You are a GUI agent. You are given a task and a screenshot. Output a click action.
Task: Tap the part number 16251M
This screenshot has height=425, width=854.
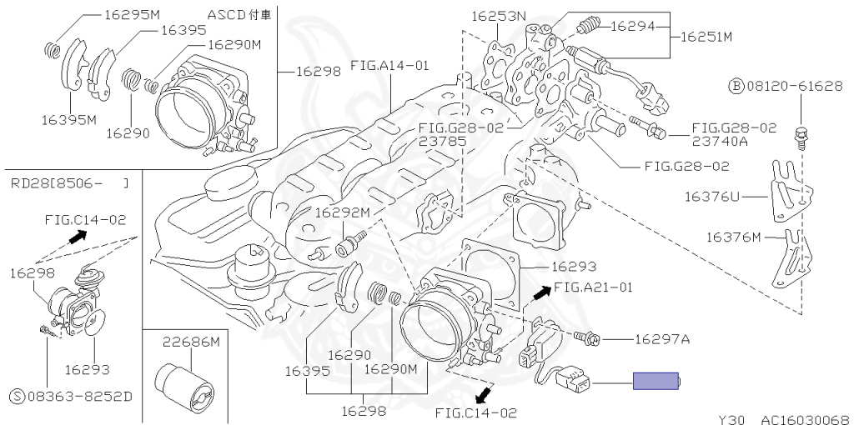tap(706, 37)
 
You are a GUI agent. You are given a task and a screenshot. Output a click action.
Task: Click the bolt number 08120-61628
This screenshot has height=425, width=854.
tap(786, 86)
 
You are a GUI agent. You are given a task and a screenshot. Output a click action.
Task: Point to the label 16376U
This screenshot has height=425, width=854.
tap(712, 197)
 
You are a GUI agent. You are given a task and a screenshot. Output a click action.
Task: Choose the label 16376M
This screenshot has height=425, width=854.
tap(734, 237)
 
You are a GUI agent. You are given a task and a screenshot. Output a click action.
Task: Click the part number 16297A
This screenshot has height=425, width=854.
tap(662, 339)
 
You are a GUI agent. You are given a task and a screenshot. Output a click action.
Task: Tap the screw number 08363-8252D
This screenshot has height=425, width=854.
tap(72, 396)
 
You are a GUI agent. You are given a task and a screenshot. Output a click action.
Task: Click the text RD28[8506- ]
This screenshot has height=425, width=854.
tap(70, 183)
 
